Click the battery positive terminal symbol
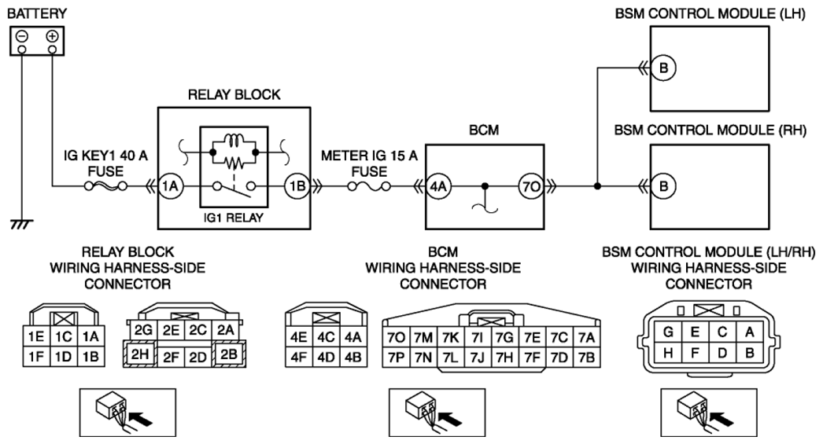[53, 36]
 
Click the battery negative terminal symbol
[24, 36]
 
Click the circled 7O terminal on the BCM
[528, 187]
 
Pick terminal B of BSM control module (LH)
[664, 69]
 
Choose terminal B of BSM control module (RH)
[664, 187]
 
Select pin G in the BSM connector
[667, 332]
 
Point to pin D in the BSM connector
[722, 353]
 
